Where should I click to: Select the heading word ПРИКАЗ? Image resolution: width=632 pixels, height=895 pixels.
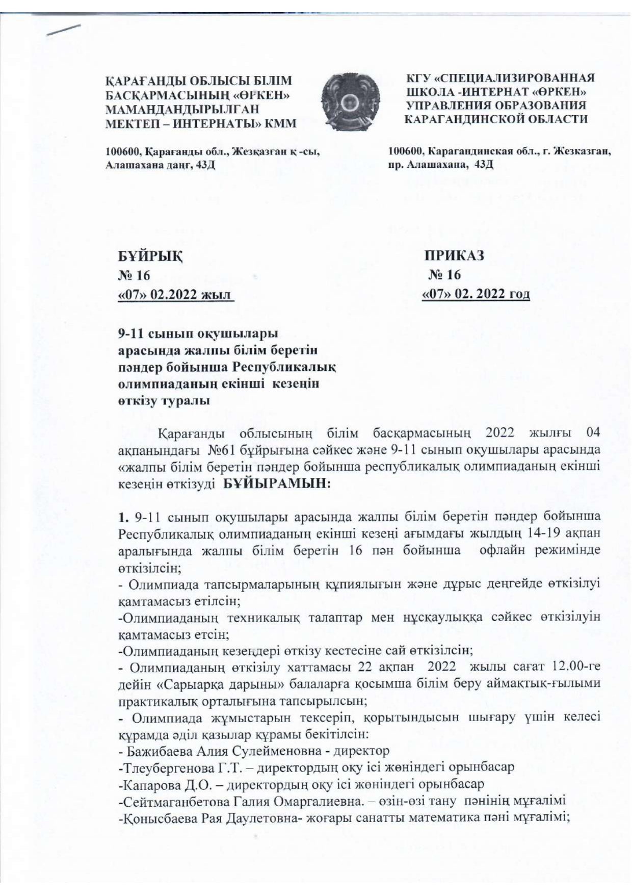(x=455, y=255)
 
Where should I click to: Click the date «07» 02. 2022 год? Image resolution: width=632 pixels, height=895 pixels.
(x=476, y=294)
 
